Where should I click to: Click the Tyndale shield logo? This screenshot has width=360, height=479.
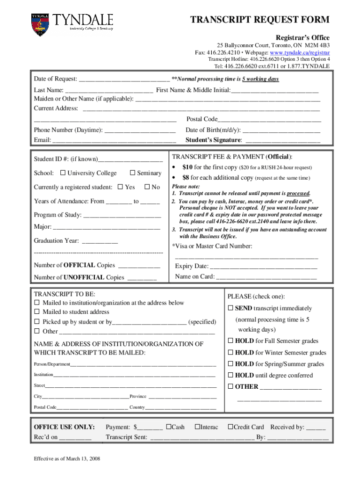coord(40,25)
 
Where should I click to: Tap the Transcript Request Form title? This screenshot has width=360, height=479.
coord(259,20)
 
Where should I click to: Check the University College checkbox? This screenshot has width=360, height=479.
coord(63,173)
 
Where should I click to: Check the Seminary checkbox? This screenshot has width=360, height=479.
coord(132,173)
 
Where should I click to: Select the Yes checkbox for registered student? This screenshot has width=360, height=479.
coord(120,187)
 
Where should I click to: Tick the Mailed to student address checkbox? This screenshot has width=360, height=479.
coord(37,312)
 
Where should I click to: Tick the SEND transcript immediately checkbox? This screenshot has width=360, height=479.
coord(230,308)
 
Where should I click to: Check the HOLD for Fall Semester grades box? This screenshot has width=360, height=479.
coord(230,341)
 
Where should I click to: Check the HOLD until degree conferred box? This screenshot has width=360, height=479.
coord(230,375)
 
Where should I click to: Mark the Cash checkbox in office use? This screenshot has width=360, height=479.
coord(168,427)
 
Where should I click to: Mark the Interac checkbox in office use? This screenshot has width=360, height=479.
coord(197,427)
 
